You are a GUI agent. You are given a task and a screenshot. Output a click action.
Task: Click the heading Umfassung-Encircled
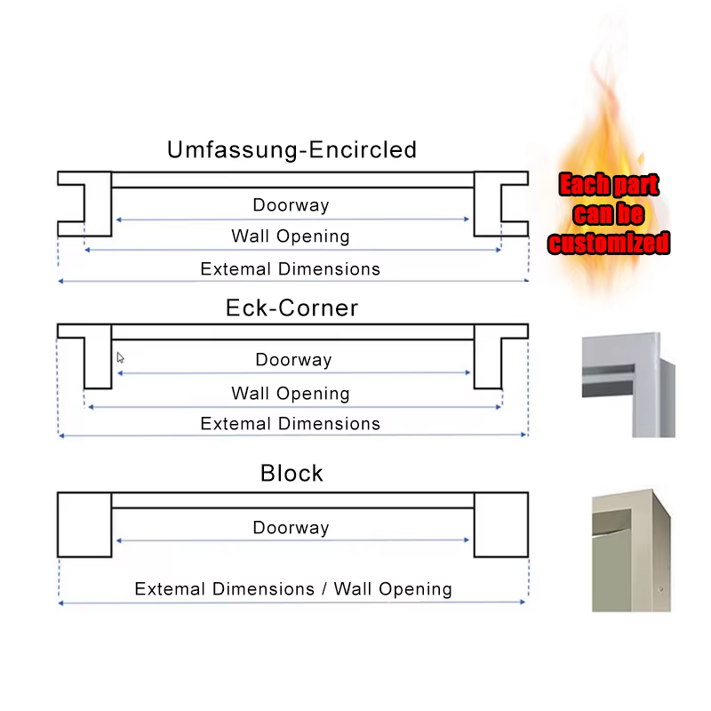[x=292, y=150]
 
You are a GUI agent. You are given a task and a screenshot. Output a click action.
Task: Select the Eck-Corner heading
[x=292, y=308]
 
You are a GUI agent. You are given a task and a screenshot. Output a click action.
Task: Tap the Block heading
[x=292, y=474]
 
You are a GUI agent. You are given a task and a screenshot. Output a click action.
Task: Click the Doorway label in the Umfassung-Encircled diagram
[x=291, y=205]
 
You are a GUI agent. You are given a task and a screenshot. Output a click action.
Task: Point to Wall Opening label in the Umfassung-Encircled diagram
[x=291, y=236]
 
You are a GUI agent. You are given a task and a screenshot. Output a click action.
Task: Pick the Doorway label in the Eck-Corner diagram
[x=293, y=360]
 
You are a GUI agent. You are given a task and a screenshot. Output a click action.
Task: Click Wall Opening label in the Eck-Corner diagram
[x=291, y=394]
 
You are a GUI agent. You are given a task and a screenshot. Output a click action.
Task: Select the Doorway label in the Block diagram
[x=291, y=528]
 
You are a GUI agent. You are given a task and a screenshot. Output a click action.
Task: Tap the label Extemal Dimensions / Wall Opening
[x=293, y=589]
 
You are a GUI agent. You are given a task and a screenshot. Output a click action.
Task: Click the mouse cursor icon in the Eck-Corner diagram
[x=120, y=358]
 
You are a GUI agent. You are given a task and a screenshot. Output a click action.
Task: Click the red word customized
[x=609, y=243]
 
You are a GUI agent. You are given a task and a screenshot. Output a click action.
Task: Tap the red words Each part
[x=609, y=185]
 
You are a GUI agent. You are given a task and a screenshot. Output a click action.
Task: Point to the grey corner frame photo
[x=628, y=385]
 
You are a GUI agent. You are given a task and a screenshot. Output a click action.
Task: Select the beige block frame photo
[x=631, y=550]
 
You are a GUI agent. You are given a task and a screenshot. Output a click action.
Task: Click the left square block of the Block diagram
[x=84, y=524]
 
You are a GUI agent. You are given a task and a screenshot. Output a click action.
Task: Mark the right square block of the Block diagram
[x=501, y=524]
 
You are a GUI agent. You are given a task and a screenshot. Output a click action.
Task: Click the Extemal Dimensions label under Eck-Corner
[x=291, y=424]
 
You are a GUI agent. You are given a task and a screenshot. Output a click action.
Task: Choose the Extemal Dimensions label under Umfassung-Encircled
[x=291, y=269]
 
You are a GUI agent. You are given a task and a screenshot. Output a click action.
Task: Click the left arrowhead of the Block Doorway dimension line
[x=119, y=540]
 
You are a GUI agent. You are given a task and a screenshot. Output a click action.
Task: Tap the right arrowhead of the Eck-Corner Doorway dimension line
[x=467, y=372]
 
